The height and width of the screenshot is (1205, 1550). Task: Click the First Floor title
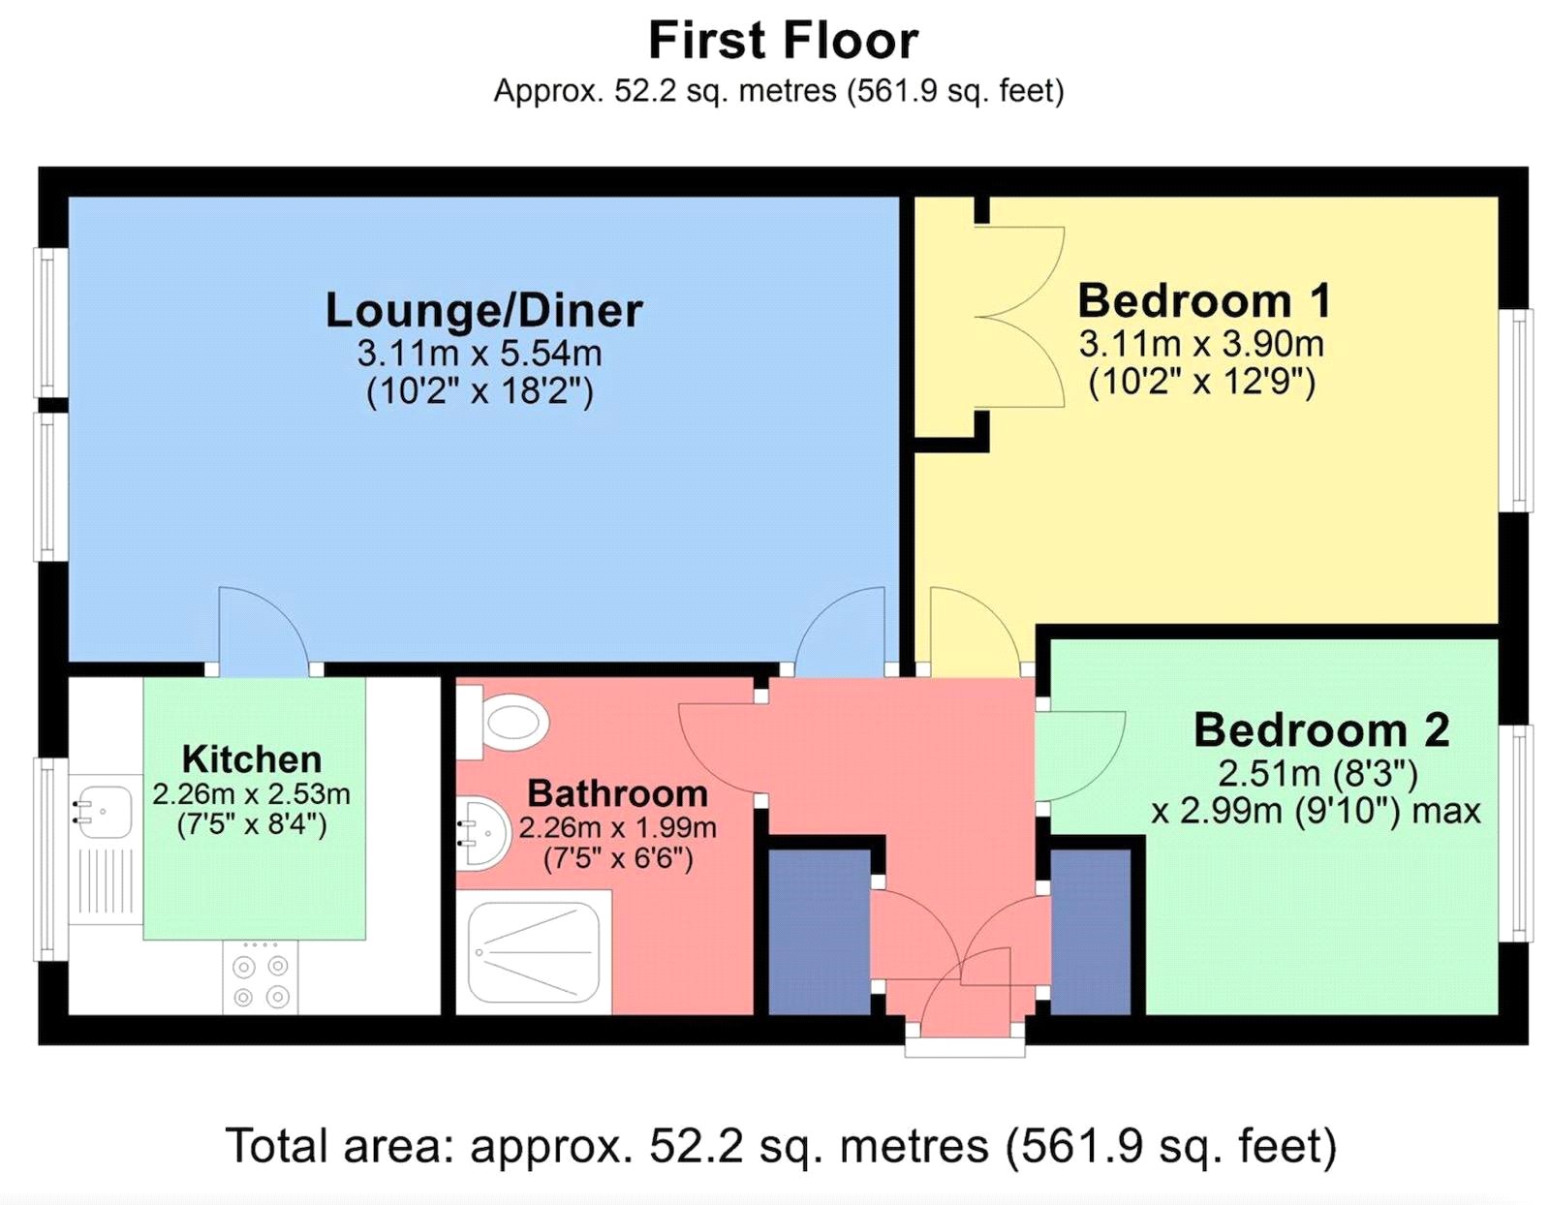pos(783,41)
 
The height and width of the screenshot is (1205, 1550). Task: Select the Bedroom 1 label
pos(1204,300)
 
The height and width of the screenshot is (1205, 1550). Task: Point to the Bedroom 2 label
pos(1321,730)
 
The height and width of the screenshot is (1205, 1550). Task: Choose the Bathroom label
pos(618,793)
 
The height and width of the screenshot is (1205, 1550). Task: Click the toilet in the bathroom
pos(504,723)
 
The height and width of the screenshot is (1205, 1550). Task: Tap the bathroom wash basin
pos(483,834)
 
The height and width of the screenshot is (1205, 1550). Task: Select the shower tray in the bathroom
pos(534,952)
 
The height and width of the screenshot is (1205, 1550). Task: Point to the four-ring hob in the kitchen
pos(261,976)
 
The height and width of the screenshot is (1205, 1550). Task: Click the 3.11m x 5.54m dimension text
pos(480,353)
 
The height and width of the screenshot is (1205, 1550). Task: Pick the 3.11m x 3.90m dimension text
pos(1201,345)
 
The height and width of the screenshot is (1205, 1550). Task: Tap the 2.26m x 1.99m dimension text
pos(618,828)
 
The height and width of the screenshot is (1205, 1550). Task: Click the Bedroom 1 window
pos(1515,410)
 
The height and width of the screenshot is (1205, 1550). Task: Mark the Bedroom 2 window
pos(1515,833)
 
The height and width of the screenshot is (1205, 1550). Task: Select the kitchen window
pos(51,859)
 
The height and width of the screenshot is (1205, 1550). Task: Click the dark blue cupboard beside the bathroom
pos(819,931)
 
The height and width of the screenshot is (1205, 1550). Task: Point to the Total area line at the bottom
pos(781,1146)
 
